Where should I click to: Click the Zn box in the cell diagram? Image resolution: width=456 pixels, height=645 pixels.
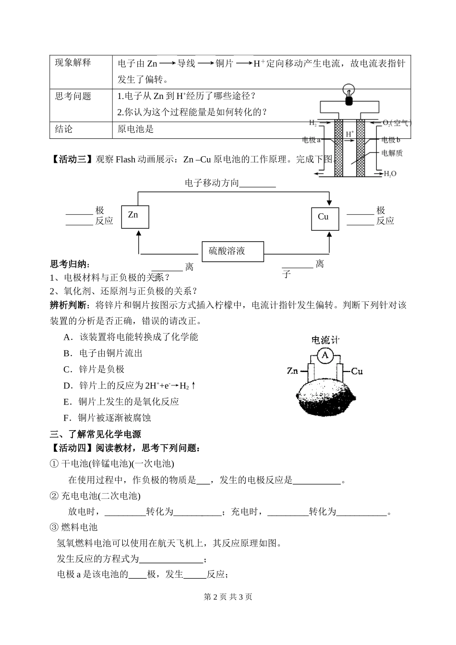(x=135, y=217)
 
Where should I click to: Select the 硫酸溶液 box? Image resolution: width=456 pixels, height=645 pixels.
(x=232, y=251)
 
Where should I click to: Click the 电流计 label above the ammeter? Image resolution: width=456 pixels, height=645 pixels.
(x=325, y=340)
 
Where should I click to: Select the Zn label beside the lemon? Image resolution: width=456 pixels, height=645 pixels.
(x=293, y=371)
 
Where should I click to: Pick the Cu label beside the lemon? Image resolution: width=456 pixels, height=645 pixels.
(x=357, y=371)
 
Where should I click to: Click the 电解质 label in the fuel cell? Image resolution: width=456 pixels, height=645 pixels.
(x=392, y=153)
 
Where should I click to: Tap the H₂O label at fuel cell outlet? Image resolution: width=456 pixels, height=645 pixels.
(x=390, y=174)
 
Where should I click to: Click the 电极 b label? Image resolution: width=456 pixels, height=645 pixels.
(x=391, y=140)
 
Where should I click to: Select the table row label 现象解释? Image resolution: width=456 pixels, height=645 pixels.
(x=73, y=63)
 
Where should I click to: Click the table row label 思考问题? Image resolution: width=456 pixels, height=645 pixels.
(x=73, y=96)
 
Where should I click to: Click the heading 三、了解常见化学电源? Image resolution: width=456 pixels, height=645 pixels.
(x=96, y=434)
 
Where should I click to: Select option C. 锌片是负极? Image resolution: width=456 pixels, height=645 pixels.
(x=94, y=369)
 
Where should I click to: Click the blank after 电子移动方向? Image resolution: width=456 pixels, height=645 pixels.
(x=257, y=184)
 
